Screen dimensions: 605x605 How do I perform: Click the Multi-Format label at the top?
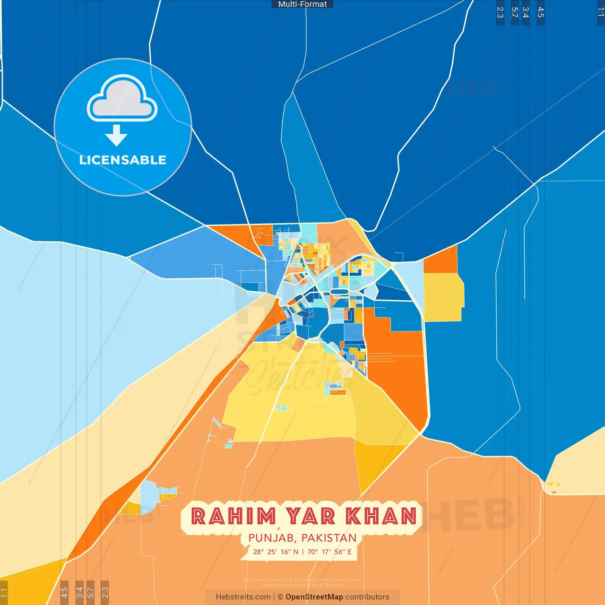pyautogui.click(x=302, y=4)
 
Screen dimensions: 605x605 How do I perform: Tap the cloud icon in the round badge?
pyautogui.click(x=122, y=99)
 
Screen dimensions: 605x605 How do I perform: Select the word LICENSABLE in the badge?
pyautogui.click(x=123, y=160)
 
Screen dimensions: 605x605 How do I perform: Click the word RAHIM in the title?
pyautogui.click(x=233, y=516)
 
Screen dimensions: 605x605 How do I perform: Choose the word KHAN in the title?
pyautogui.click(x=382, y=516)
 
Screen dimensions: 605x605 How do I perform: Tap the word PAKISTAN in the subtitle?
pyautogui.click(x=329, y=538)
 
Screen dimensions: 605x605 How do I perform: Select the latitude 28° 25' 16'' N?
pyautogui.click(x=276, y=552)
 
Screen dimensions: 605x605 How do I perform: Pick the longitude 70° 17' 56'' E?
pyautogui.click(x=329, y=552)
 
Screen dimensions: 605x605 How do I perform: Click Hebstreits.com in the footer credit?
pyautogui.click(x=243, y=597)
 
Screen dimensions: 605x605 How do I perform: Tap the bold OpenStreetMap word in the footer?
pyautogui.click(x=314, y=597)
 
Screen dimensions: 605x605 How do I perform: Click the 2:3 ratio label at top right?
pyautogui.click(x=500, y=12)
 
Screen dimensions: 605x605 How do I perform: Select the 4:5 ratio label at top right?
pyautogui.click(x=541, y=12)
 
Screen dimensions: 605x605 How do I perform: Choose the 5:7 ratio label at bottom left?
pyautogui.click(x=90, y=592)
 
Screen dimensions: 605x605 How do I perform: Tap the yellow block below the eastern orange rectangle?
pyautogui.click(x=443, y=297)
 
